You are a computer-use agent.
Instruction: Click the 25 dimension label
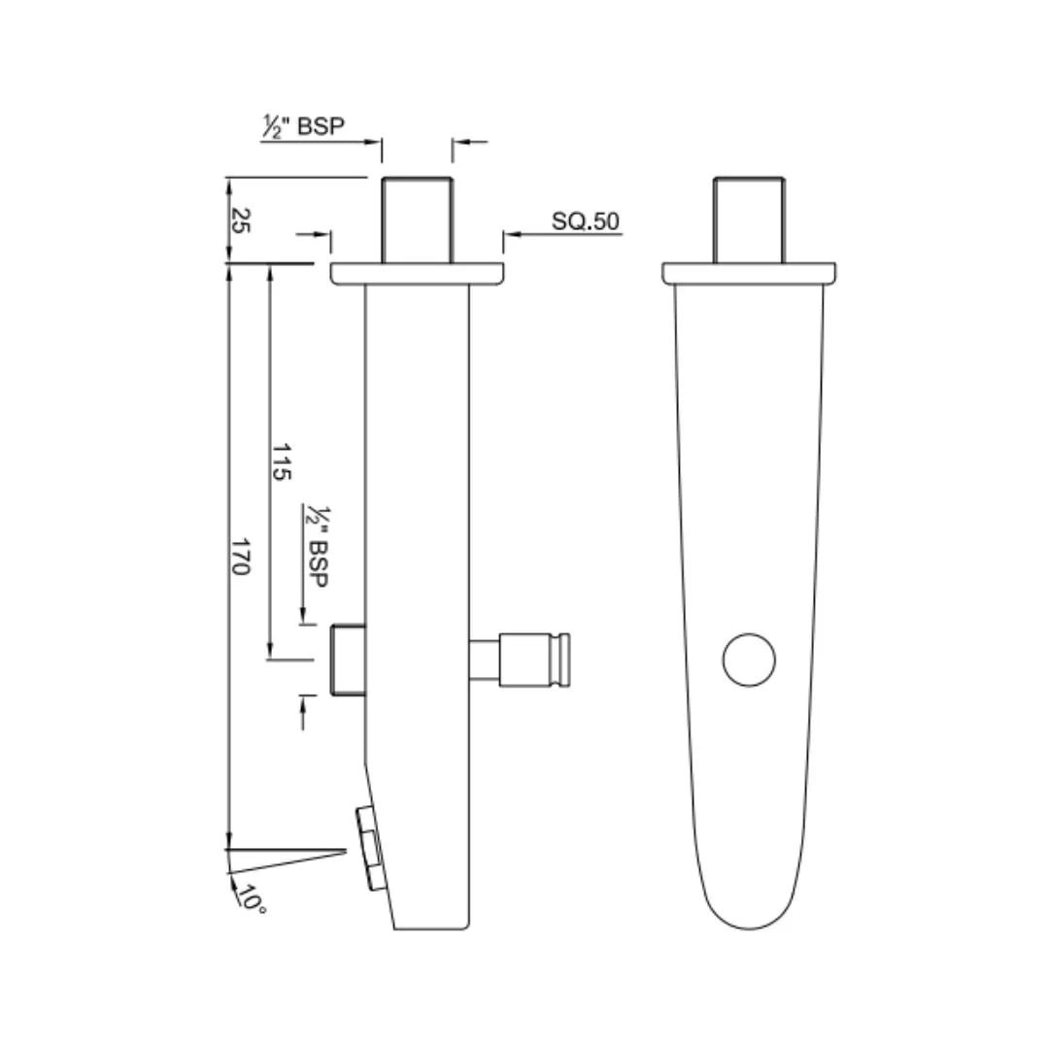240,220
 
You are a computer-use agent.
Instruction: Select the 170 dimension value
240,557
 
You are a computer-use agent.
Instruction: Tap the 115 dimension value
281,461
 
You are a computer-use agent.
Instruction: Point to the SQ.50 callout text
586,221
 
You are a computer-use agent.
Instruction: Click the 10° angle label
252,898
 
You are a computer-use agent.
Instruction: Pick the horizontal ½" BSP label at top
303,126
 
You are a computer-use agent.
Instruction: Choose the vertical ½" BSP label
317,547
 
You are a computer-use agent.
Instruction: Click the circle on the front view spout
749,660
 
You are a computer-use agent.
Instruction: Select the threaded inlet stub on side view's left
349,660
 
